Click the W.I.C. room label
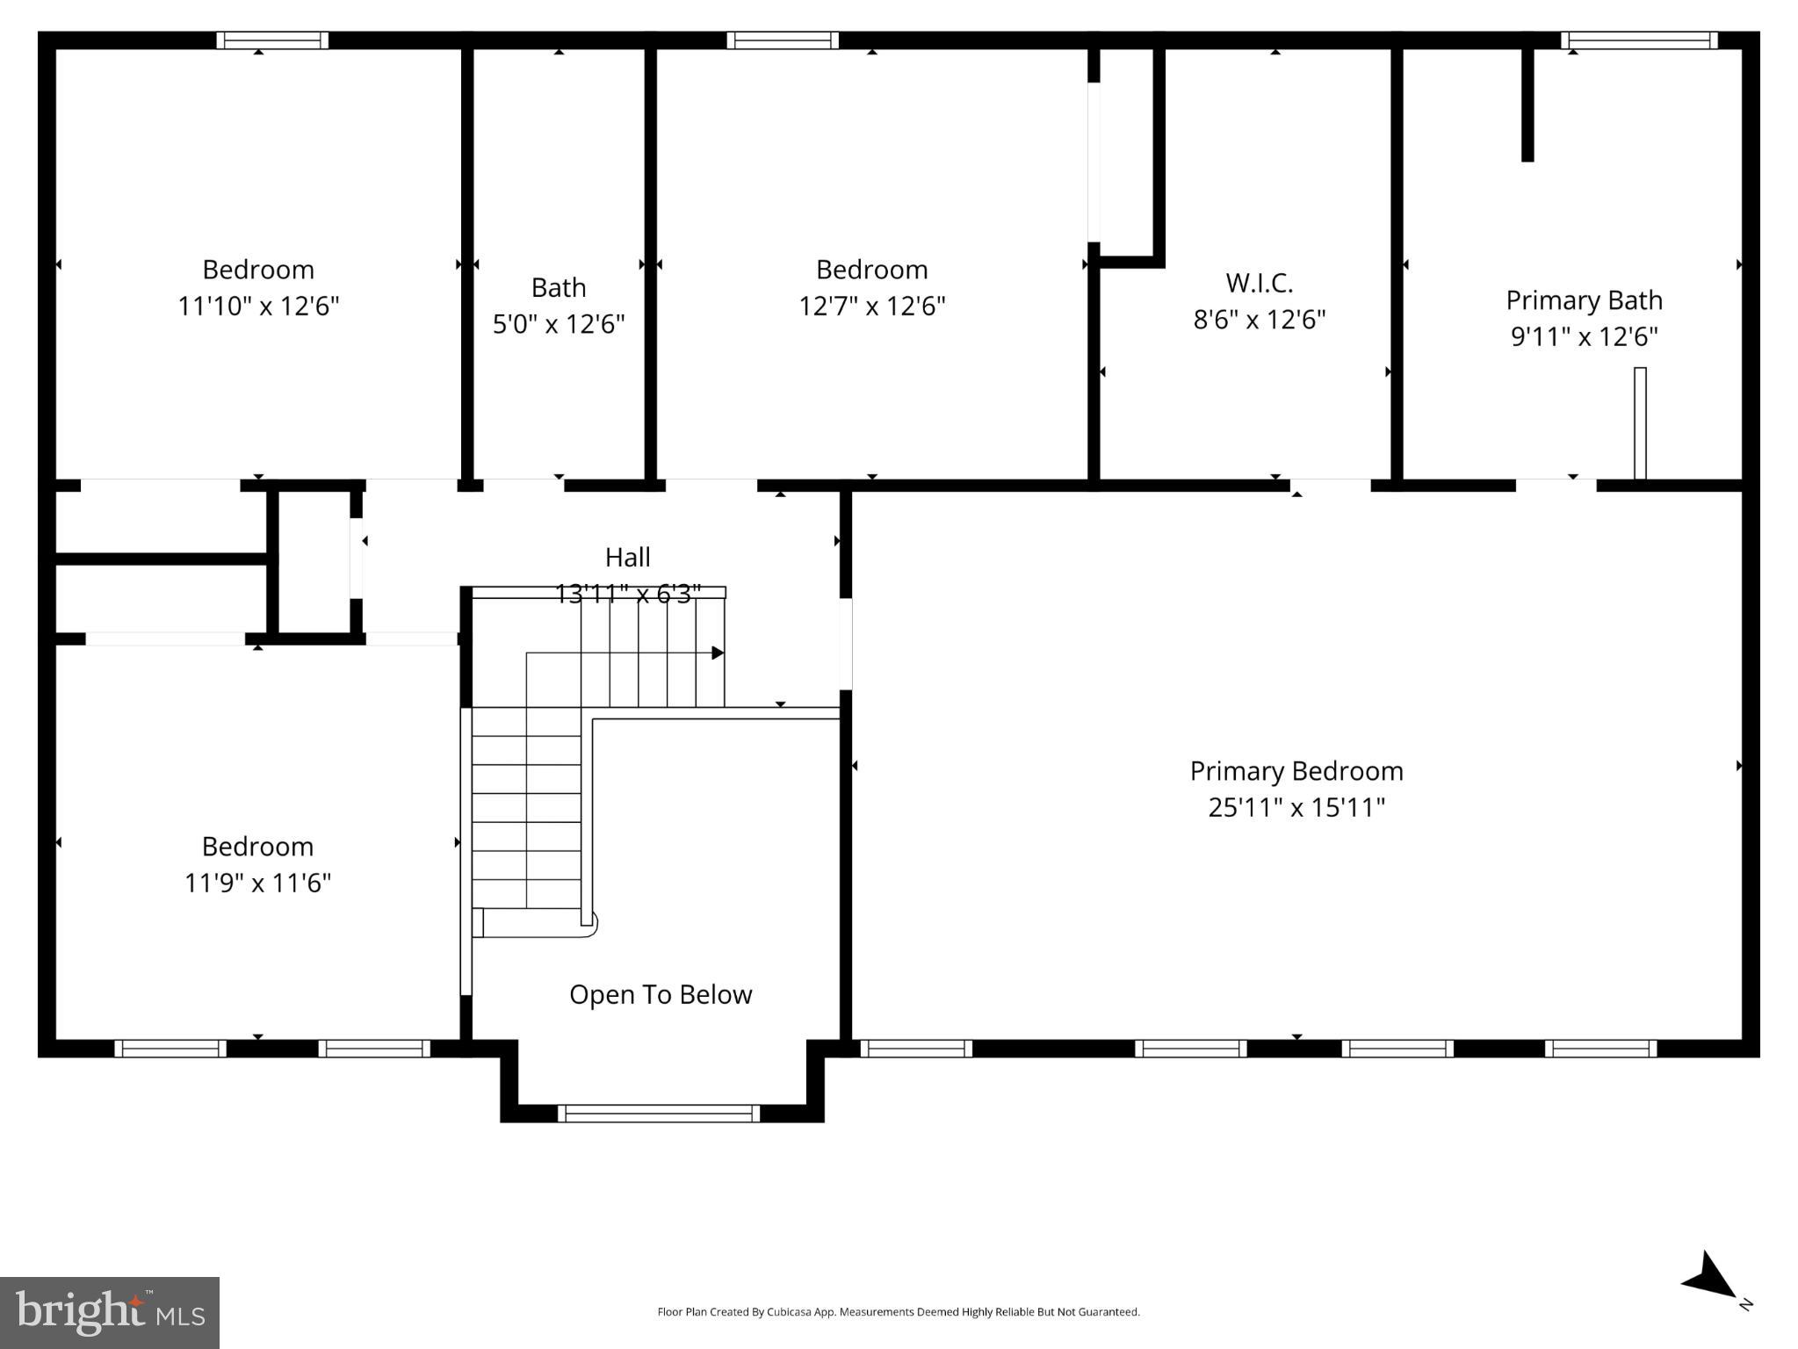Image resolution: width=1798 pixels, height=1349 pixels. tap(1259, 283)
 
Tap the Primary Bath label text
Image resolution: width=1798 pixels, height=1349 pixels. tap(1584, 300)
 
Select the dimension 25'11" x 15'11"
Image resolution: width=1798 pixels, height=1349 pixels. tap(1296, 807)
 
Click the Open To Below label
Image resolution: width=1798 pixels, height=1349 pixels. tap(661, 994)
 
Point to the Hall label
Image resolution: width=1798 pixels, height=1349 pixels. tap(627, 557)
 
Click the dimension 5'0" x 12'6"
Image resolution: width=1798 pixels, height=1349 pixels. tap(559, 324)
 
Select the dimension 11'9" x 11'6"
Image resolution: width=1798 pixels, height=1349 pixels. tap(257, 883)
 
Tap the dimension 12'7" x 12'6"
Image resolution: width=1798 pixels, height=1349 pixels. tap(871, 307)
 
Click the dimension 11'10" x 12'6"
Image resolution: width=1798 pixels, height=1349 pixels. tap(258, 307)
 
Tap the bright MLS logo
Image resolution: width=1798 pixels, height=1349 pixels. tap(110, 1312)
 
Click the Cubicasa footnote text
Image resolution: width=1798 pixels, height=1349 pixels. tap(898, 1312)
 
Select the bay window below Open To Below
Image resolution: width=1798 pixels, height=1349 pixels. tap(659, 1114)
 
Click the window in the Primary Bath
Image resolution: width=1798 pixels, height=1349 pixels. tap(1638, 40)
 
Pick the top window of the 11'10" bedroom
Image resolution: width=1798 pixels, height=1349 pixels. tap(272, 40)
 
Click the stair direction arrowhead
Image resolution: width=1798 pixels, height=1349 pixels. tap(718, 653)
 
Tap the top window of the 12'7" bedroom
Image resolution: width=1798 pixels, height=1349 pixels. tap(782, 40)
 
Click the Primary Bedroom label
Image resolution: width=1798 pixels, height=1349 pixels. tap(1296, 771)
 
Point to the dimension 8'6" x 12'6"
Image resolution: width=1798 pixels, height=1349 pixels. tap(1259, 320)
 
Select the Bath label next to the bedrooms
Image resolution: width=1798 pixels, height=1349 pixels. tap(559, 287)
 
